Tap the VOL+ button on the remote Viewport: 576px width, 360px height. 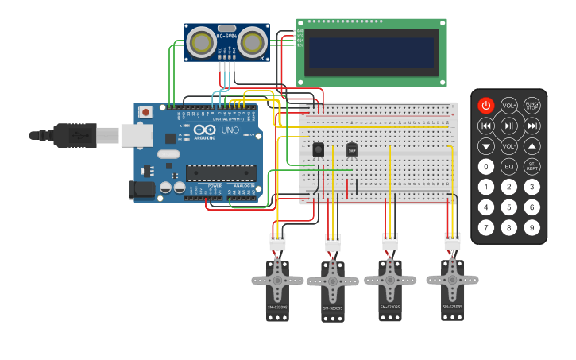click(x=508, y=105)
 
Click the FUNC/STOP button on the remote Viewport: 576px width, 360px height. click(x=532, y=105)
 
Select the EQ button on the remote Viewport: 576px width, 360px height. click(x=508, y=167)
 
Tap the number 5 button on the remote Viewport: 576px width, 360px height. click(x=508, y=207)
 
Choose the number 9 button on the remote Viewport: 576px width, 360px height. click(x=532, y=228)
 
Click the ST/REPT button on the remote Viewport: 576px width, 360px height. click(x=532, y=167)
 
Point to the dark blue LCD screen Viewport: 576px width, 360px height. click(x=371, y=52)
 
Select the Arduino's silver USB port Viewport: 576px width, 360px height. click(x=136, y=136)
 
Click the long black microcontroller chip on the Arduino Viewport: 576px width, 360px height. click(x=221, y=172)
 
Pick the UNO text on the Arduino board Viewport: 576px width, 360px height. click(x=229, y=130)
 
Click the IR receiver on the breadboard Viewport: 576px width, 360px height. click(x=319, y=149)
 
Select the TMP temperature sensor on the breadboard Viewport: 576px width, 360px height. click(x=352, y=149)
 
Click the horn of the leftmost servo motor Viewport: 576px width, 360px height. click(x=277, y=279)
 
